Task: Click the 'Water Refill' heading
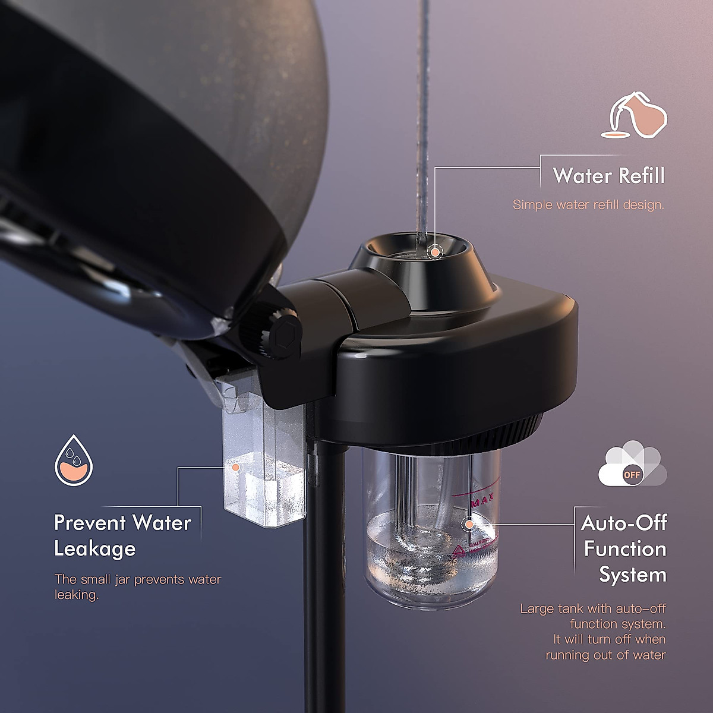(608, 176)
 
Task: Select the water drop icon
(74, 459)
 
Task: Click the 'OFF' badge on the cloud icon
(632, 475)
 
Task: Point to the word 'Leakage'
(95, 548)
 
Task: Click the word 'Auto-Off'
(624, 523)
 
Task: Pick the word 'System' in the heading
(632, 575)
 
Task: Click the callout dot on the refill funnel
(436, 253)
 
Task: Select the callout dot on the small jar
(236, 468)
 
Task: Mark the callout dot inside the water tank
(469, 525)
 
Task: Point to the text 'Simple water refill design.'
(588, 205)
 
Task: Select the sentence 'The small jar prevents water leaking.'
(137, 586)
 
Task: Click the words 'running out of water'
(605, 655)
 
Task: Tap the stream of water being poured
(423, 119)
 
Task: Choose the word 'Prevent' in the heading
(89, 523)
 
